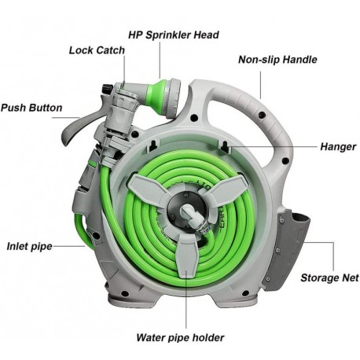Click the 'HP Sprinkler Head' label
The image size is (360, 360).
tap(174, 35)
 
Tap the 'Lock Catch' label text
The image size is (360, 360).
tap(97, 50)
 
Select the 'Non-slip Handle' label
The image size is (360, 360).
tap(277, 60)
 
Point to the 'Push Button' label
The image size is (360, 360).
tap(31, 108)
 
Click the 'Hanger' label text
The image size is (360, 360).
tap(338, 147)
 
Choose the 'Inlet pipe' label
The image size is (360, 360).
tap(29, 246)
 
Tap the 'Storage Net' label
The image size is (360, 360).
tap(329, 277)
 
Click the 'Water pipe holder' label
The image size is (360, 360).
tap(180, 337)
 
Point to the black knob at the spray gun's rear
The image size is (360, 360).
tap(107, 88)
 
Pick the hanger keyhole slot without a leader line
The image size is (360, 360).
tap(154, 145)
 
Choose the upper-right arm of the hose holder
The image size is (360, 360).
tap(226, 186)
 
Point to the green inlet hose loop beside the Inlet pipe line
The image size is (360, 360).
tap(84, 230)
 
